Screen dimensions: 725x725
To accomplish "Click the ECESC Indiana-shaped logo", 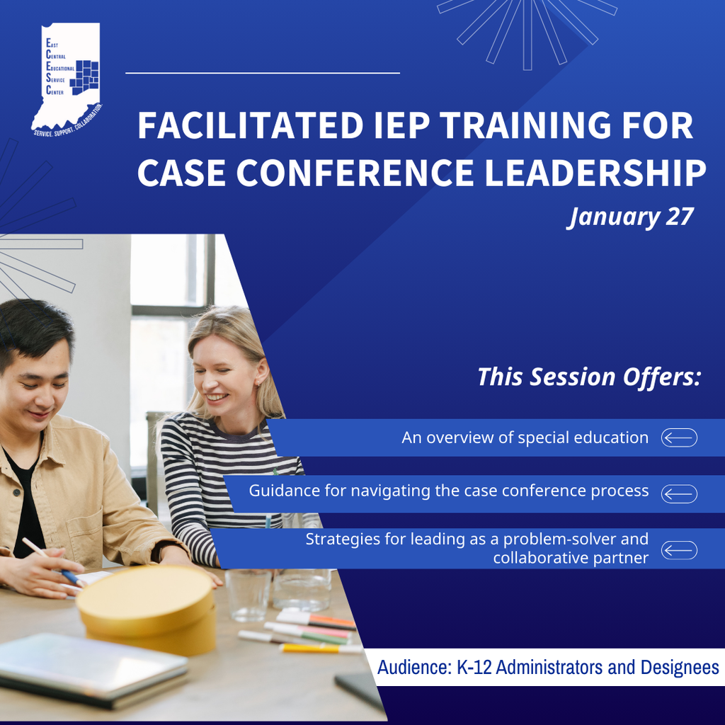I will [x=67, y=78].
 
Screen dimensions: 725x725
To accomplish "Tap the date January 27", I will [x=630, y=217].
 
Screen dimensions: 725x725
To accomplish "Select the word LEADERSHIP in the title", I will [x=594, y=172].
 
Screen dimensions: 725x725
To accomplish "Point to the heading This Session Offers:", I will [x=588, y=377].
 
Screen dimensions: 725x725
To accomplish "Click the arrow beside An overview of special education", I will [x=679, y=438].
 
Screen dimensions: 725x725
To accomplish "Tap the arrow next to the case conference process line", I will [x=679, y=493].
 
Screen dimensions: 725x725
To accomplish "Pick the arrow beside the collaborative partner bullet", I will [x=679, y=549].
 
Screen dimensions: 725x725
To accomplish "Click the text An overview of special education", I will [x=525, y=438].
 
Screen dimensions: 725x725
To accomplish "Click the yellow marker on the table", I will [x=312, y=647].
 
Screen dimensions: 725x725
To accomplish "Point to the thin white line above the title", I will [x=263, y=73].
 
